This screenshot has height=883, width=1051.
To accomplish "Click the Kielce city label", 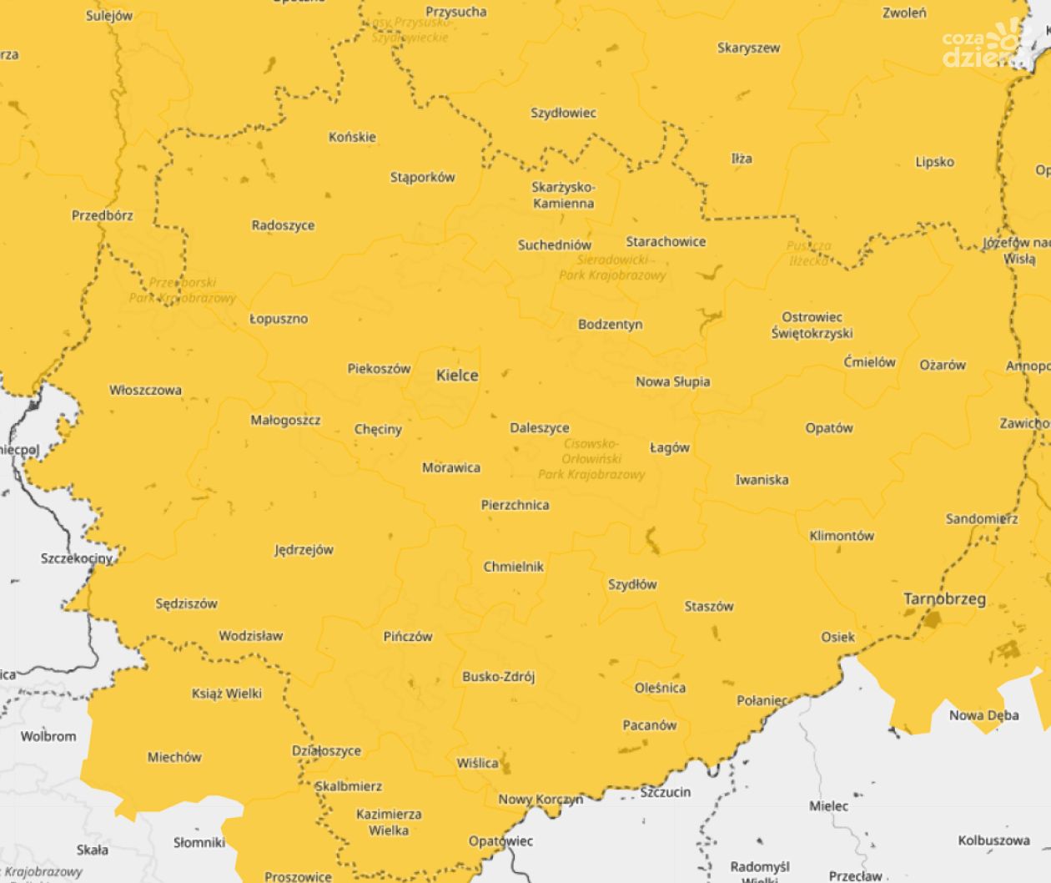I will (x=457, y=376).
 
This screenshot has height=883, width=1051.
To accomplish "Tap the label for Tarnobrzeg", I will (x=944, y=598).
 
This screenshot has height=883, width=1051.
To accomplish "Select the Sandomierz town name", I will (x=981, y=518).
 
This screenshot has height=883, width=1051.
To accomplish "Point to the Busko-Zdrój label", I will (x=498, y=677).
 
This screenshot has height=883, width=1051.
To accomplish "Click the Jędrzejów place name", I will (x=304, y=550).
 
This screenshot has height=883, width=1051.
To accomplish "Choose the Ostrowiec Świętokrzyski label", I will (x=812, y=325).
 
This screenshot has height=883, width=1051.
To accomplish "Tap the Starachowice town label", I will (x=666, y=241).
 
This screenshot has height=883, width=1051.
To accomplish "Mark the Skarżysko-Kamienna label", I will (x=563, y=194).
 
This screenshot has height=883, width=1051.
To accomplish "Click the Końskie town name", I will (x=352, y=137).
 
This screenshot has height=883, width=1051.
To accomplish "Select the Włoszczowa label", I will (x=145, y=390).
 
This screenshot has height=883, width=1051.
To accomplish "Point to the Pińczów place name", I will (x=408, y=636).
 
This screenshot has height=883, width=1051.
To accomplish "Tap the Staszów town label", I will (x=708, y=606).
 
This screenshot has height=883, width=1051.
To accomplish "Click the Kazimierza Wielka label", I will (x=389, y=821).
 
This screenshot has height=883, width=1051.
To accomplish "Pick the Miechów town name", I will (x=174, y=757).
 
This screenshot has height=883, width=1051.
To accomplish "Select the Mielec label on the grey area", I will (x=828, y=805).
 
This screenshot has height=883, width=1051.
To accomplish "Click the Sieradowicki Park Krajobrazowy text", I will (x=612, y=267).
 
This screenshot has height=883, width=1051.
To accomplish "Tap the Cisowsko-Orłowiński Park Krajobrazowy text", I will (x=591, y=459).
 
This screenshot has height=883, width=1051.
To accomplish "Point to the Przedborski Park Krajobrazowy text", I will (x=182, y=290).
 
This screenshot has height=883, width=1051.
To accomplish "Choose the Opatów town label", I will (x=829, y=428).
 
